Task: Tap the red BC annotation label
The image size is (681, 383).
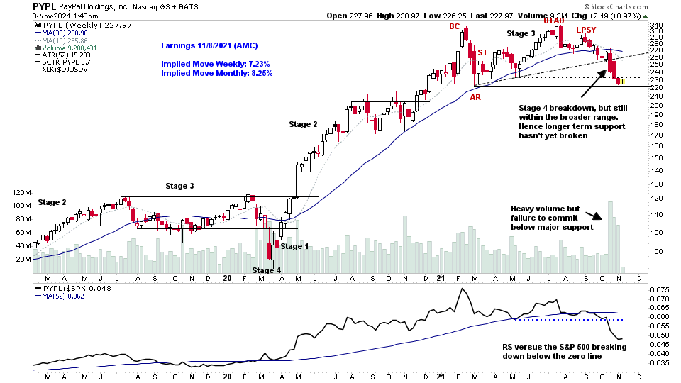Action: click(455, 27)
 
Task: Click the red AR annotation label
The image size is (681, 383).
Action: click(475, 96)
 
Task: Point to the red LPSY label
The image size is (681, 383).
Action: click(586, 30)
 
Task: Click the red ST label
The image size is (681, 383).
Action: click(482, 53)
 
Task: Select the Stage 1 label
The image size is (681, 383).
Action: click(295, 247)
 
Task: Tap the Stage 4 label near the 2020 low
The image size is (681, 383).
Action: click(267, 270)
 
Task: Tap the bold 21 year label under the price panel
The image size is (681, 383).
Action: click(439, 279)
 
